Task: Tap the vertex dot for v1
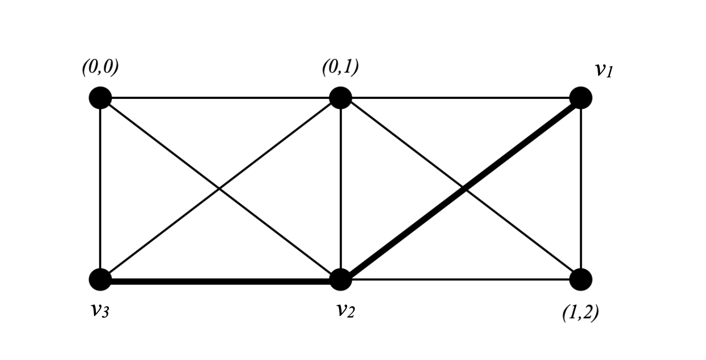[x=580, y=97]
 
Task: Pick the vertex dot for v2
[x=341, y=279]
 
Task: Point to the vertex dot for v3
[x=100, y=279]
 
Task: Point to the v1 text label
[x=604, y=70]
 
